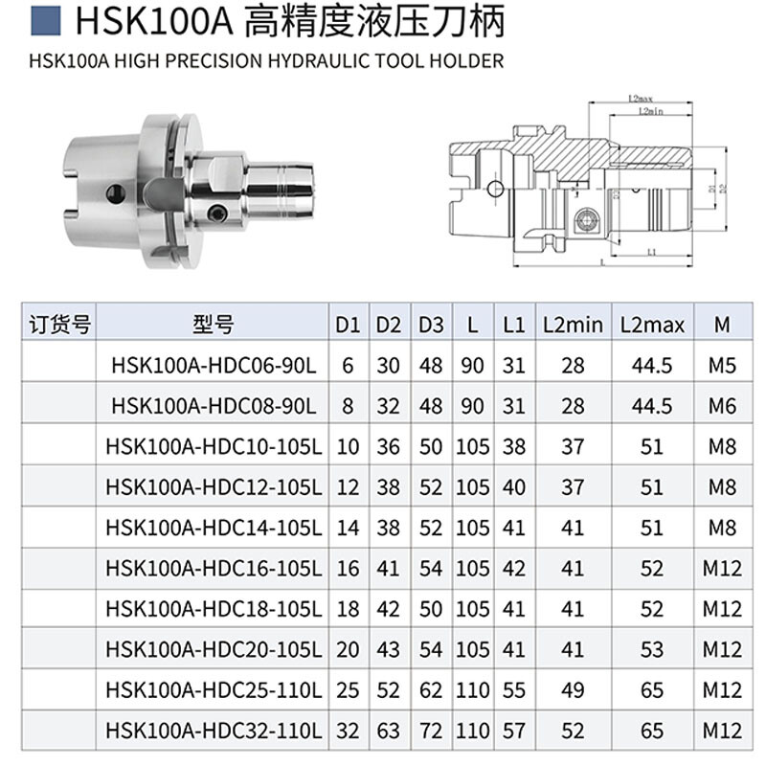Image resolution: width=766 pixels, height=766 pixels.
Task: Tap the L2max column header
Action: pos(652,325)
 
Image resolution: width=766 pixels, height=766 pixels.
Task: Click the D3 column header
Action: pos(431,325)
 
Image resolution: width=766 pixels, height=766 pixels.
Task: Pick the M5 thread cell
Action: pos(722,365)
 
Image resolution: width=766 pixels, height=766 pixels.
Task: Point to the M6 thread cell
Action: pos(722,405)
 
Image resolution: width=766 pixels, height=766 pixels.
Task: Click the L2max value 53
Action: pos(652,649)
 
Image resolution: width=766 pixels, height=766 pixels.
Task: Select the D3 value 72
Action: pos(431,730)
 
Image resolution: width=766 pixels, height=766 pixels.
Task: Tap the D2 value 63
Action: pos(388,730)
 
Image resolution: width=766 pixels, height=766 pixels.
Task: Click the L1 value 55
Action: pos(514,689)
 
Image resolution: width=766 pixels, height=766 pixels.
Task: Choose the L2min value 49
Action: pos(573,689)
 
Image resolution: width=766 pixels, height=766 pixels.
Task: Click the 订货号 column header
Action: pos(59,325)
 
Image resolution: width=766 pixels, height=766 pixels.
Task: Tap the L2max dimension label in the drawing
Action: pos(641,99)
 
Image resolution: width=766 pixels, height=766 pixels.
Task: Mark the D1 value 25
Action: pos(347,689)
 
